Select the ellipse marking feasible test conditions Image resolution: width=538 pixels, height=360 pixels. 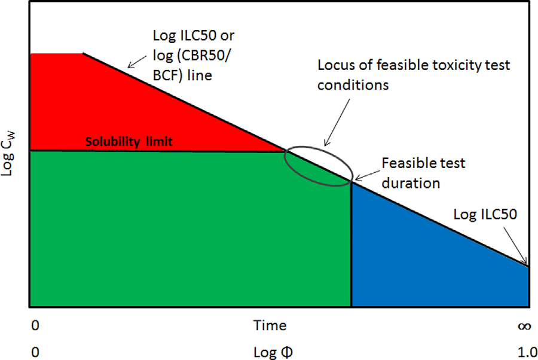pos(317,167)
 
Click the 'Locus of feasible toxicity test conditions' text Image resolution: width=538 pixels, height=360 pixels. pos(414,74)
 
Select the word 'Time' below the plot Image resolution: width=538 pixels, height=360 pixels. pos(270,326)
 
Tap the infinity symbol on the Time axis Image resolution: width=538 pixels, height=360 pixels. pos(523,327)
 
